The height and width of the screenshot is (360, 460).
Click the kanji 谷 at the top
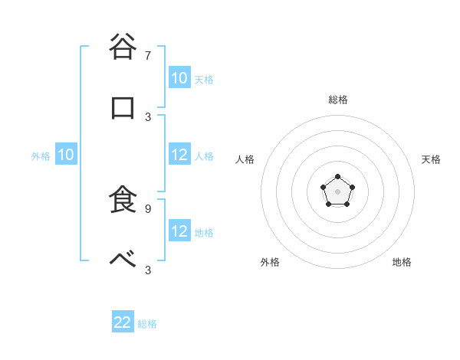tap(123, 47)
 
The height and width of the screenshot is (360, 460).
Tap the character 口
tap(123, 108)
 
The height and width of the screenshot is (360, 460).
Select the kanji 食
tap(123, 199)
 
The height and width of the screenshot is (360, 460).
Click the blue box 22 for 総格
tap(123, 322)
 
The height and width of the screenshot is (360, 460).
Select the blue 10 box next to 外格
tap(65, 155)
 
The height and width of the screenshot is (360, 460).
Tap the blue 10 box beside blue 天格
tap(179, 78)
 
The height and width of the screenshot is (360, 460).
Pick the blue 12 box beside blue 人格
tap(179, 155)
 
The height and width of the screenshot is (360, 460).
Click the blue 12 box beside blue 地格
tap(179, 231)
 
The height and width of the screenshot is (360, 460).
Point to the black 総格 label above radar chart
tap(338, 100)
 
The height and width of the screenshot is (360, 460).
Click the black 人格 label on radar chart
tap(245, 159)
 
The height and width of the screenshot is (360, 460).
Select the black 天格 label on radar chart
tap(431, 159)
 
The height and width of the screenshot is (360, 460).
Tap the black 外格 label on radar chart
tap(270, 262)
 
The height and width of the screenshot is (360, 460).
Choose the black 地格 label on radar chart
tap(402, 262)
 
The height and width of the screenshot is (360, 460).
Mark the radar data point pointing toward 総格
tap(338, 177)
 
